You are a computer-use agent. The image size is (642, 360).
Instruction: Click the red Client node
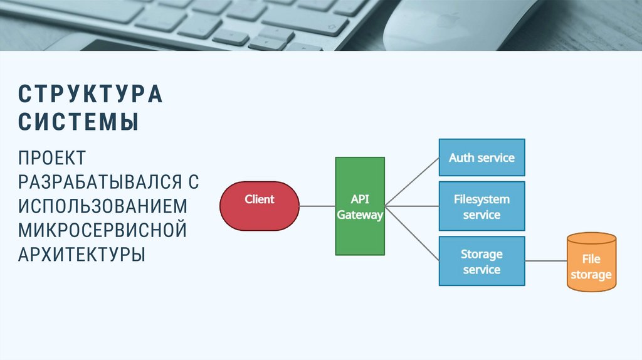[x=260, y=206]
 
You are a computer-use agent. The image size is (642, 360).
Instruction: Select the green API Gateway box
[x=360, y=206]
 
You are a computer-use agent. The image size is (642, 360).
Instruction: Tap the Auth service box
[x=482, y=157]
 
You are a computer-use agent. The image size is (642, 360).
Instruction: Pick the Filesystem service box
[x=482, y=206]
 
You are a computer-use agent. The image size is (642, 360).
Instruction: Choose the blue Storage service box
[x=482, y=261]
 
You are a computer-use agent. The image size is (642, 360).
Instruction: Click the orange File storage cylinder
[x=591, y=262]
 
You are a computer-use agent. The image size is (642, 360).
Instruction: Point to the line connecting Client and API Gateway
[x=317, y=206]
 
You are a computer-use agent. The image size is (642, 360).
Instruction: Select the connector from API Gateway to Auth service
[x=412, y=182]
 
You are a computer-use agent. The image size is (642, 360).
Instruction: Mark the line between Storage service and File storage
[x=546, y=261]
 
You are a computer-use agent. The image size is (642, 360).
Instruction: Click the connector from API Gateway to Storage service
[x=412, y=233]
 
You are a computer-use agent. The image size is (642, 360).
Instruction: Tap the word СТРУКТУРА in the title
[x=90, y=94]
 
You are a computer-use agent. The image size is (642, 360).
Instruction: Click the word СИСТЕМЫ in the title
[x=78, y=122]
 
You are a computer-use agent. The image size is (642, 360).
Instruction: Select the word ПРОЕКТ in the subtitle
[x=52, y=157]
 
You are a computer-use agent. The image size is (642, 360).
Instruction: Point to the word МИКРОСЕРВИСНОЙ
[x=102, y=230]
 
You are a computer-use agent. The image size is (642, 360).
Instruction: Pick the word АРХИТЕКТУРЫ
[x=82, y=254]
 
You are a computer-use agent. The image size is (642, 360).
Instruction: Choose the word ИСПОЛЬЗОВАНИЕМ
[x=102, y=206]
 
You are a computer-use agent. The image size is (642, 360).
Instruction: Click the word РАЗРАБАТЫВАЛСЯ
[x=100, y=182]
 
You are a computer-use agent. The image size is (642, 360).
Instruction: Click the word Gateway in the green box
[x=360, y=214]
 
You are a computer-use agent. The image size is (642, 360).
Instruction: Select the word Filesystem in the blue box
[x=482, y=199]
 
